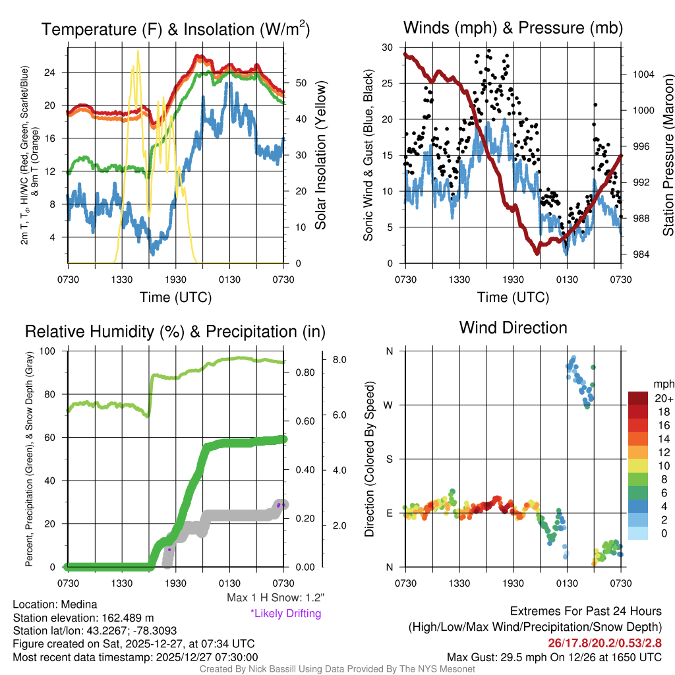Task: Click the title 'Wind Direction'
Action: point(513,328)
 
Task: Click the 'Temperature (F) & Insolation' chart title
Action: point(175,29)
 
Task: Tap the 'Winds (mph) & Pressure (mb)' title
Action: point(513,28)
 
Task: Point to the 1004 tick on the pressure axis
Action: point(643,74)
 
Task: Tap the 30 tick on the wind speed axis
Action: point(388,47)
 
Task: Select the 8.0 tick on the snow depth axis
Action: point(340,360)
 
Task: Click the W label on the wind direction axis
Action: point(389,405)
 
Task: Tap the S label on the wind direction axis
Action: point(390,459)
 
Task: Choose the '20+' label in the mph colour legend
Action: point(663,399)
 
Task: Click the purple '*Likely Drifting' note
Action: point(285,614)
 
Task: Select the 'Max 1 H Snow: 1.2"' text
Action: point(275,598)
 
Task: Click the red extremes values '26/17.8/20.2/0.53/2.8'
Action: point(604,643)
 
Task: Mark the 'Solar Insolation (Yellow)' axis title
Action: point(321,156)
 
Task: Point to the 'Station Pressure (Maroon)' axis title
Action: point(667,156)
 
